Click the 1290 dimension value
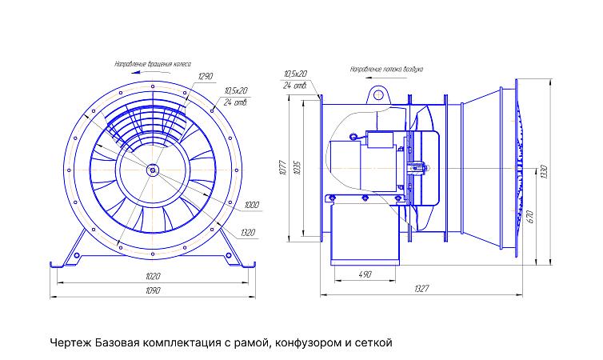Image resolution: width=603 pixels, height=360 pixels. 206,76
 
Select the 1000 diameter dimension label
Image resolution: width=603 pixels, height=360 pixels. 253,205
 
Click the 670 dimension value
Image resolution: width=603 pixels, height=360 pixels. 530,218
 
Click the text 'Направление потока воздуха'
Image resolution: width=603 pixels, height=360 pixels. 391,69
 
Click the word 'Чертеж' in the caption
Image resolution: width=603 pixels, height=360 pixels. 70,342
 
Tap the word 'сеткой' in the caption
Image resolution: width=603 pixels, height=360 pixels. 373,342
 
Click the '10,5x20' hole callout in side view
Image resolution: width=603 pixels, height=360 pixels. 295,74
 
